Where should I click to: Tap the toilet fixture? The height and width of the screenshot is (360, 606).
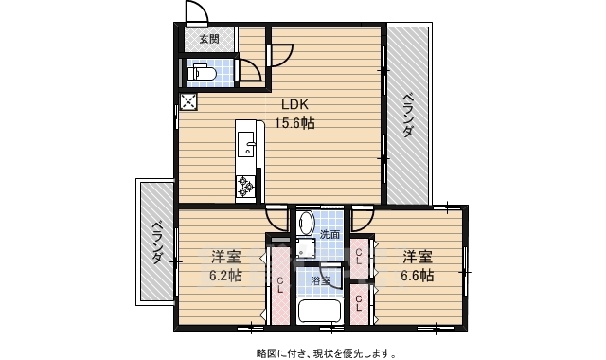pos(202,71)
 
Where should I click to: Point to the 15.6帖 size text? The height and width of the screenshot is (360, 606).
pos(295,123)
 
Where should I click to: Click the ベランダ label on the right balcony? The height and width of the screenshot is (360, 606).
pos(406,117)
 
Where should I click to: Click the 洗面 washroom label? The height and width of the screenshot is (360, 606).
pos(330,233)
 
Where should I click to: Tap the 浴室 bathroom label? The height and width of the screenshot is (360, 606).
pos(320,279)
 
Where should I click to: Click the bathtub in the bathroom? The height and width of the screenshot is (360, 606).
pos(320,311)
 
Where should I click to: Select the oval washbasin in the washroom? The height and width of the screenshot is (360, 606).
pos(306,224)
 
